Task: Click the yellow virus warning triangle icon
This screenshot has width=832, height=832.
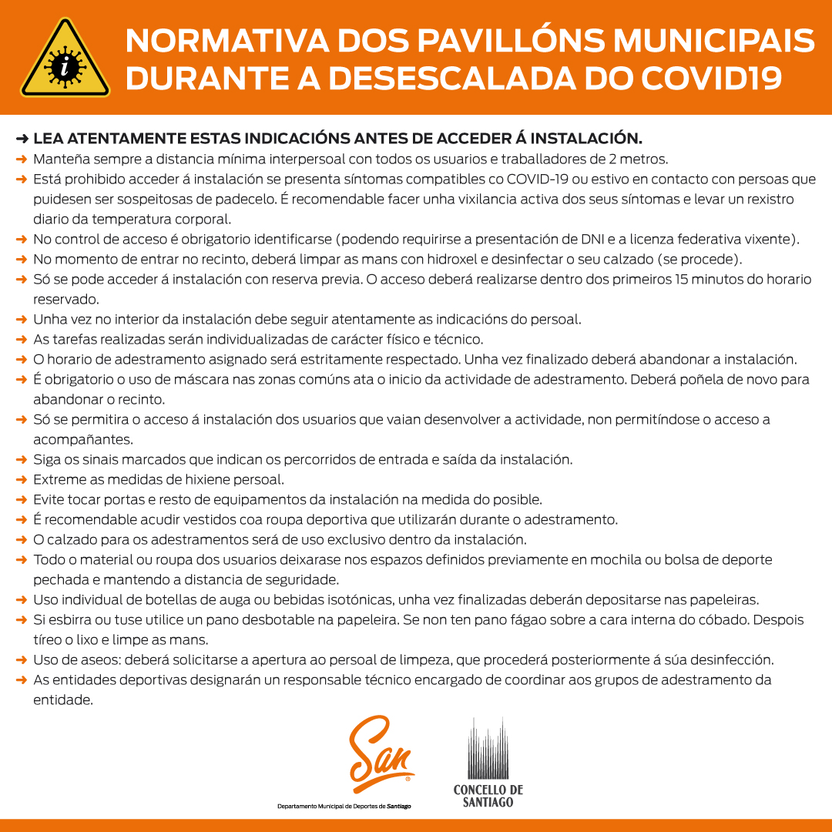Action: point(65,59)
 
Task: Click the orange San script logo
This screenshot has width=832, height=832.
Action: point(381,754)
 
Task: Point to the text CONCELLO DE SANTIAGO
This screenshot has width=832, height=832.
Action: point(488,796)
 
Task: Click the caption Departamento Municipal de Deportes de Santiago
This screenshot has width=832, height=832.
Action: point(344,807)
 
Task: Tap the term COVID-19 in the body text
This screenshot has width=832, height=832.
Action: point(538,179)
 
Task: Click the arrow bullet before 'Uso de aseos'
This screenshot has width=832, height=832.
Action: point(22,660)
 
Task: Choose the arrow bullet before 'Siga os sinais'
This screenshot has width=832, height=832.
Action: point(22,460)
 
